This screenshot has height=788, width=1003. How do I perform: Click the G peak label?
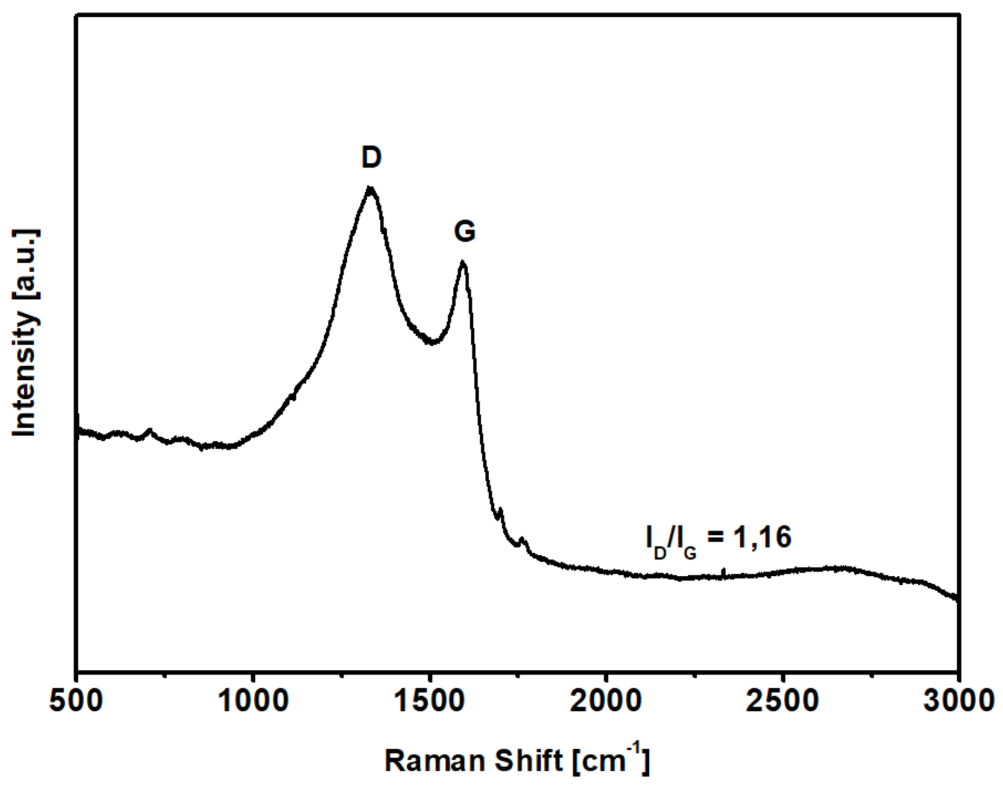(x=464, y=231)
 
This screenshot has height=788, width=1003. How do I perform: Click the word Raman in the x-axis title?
(x=435, y=761)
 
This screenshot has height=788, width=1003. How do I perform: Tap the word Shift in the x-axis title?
(x=529, y=761)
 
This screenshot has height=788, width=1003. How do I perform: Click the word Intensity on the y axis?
(x=24, y=374)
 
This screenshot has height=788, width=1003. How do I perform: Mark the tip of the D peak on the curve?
(x=370, y=188)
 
